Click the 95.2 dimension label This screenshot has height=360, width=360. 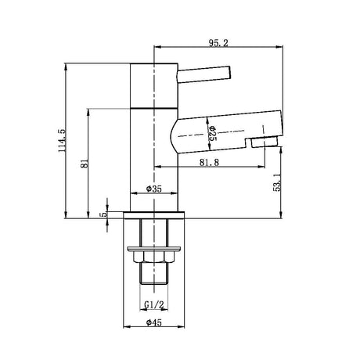[x=218, y=43]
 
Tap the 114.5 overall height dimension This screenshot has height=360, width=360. [x=63, y=141]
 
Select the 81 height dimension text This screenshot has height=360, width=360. [x=85, y=164]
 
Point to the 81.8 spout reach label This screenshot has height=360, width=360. [x=209, y=162]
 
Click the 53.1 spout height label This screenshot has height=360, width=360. [x=277, y=183]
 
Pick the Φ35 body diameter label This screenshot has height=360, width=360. [x=154, y=189]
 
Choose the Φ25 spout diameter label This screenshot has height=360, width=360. [x=212, y=133]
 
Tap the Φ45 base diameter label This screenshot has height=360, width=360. [x=154, y=322]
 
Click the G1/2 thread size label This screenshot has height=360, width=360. [x=154, y=304]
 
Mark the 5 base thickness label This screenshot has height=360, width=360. [x=103, y=214]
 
